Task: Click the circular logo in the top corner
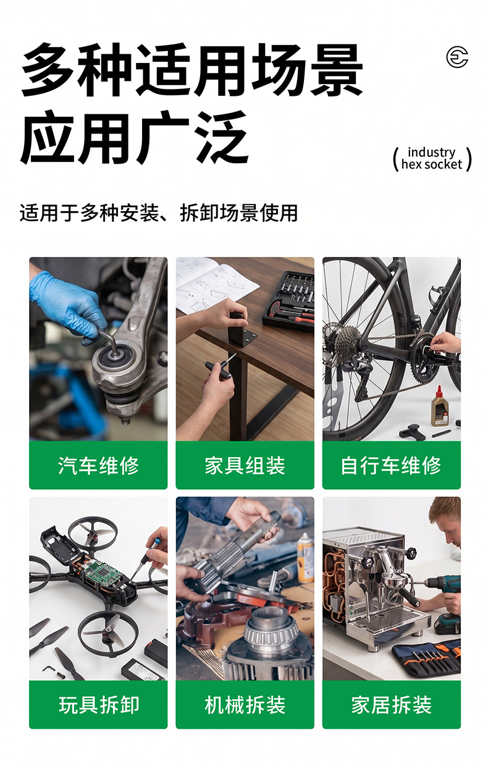tap(457, 57)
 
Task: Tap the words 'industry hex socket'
tap(432, 158)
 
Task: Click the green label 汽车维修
tap(98, 465)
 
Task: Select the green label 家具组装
tap(245, 465)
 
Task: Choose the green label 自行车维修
tap(392, 465)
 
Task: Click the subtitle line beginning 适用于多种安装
tap(158, 213)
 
